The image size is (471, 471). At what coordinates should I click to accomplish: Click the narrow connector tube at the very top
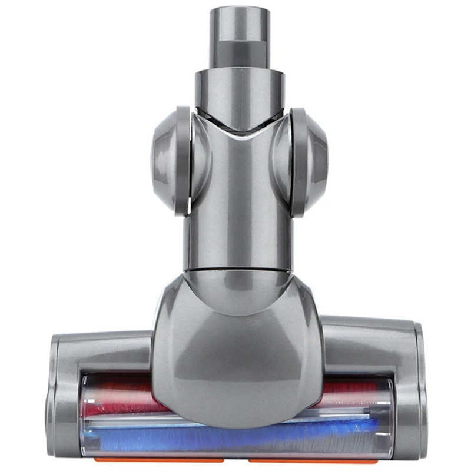[x=239, y=24]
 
